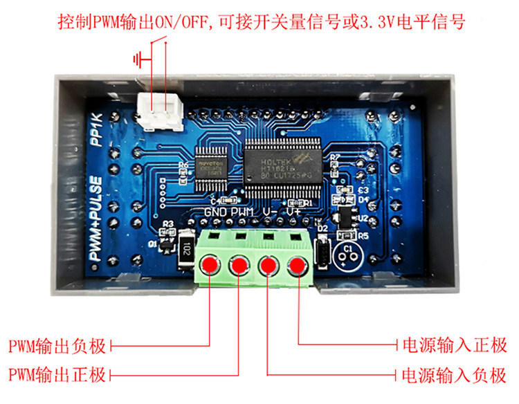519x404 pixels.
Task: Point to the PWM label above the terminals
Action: click(243, 212)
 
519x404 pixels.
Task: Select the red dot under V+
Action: click(298, 265)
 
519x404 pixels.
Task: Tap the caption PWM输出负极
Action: click(57, 344)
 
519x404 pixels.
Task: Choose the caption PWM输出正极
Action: click(57, 375)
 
